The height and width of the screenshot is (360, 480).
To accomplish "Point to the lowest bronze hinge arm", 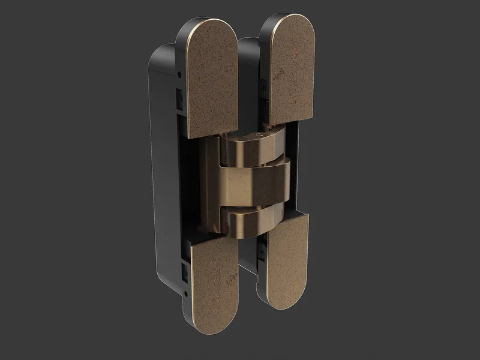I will [x=252, y=219].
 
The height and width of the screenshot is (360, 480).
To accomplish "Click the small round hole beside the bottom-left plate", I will [x=183, y=292].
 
